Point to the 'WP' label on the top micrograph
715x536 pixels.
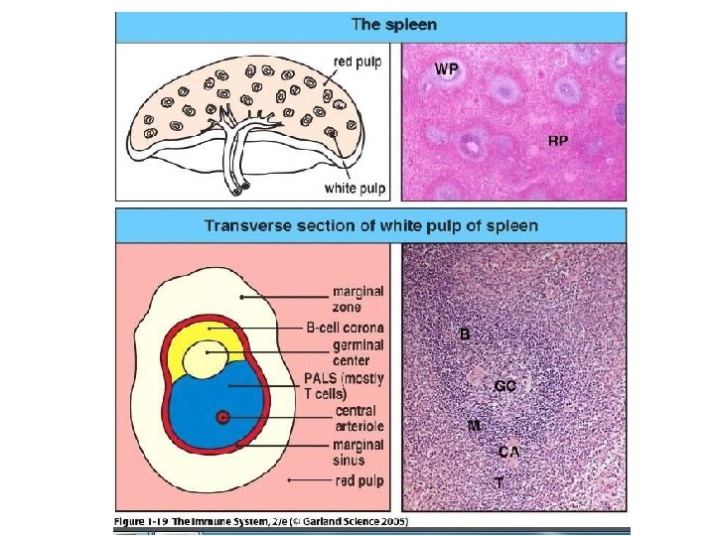448,68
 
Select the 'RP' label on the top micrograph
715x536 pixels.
559,140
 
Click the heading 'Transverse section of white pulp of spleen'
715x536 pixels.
370,225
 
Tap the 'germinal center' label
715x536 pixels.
357,352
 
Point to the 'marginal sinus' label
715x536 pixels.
357,453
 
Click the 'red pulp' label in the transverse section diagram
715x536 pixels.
358,480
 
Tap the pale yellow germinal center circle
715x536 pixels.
209,358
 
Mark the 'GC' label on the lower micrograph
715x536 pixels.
504,386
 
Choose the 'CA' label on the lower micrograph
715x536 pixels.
508,452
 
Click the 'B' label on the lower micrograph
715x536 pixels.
465,335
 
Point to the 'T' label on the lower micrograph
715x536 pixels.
500,481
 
